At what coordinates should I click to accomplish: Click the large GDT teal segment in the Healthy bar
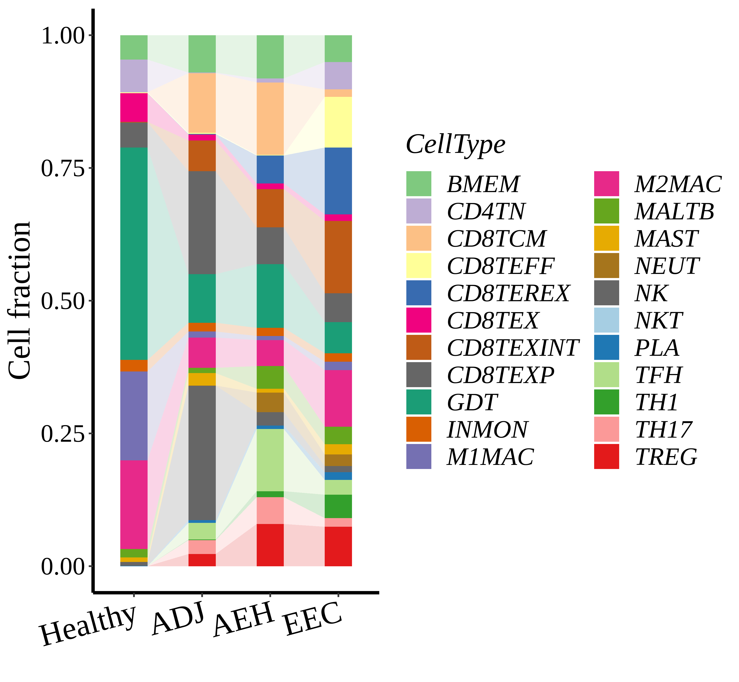(134, 253)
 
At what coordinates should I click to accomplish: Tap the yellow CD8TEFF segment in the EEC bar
(338, 122)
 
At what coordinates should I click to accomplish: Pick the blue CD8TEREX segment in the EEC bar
(338, 181)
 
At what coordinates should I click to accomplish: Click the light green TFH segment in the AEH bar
(270, 460)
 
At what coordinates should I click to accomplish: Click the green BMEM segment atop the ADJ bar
(202, 54)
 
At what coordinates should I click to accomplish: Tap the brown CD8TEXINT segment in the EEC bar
(338, 257)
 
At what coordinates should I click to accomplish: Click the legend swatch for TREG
(606, 456)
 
